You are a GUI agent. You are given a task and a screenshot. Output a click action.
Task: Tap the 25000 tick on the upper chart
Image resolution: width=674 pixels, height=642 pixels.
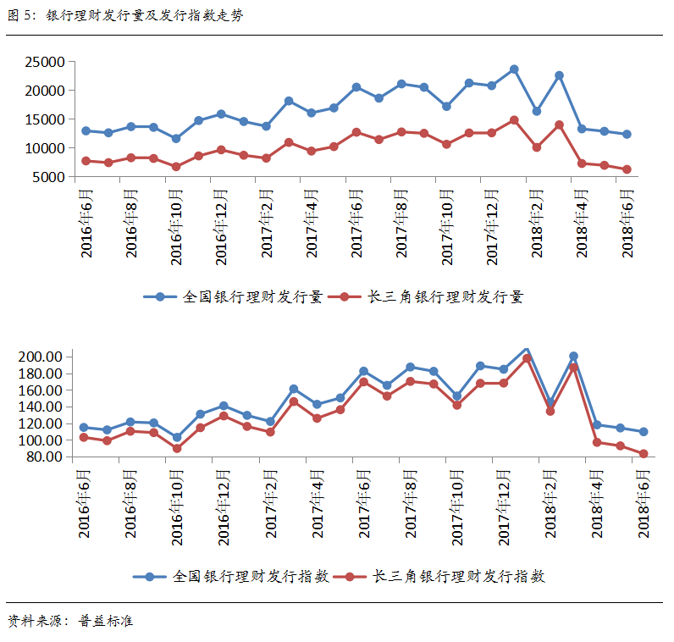[45, 62]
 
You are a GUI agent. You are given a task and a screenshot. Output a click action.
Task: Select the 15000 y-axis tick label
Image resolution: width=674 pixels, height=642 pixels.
[45, 119]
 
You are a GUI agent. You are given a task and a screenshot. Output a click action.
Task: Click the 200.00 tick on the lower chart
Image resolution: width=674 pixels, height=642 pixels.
[41, 357]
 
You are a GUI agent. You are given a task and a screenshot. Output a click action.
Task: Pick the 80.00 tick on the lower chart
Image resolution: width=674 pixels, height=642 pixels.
[44, 457]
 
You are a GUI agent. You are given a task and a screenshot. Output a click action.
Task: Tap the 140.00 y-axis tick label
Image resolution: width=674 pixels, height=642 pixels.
[41, 407]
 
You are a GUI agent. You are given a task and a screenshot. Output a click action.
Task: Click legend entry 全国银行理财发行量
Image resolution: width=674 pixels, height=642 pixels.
[234, 297]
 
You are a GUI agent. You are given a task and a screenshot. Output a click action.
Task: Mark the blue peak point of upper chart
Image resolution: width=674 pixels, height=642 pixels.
[514, 69]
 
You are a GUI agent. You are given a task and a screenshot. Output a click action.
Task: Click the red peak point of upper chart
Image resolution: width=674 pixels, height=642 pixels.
[514, 120]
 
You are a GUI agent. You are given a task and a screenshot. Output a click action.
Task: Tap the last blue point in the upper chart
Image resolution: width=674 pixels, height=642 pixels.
[627, 134]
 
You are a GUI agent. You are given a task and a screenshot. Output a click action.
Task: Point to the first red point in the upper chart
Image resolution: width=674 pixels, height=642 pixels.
[86, 161]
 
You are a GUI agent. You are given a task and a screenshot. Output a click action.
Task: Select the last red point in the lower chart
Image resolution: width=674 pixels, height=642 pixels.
[644, 454]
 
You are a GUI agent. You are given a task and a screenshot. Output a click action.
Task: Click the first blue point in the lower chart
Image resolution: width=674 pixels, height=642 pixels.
[83, 428]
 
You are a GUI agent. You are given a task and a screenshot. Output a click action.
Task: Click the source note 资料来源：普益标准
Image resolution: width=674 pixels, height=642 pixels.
[70, 622]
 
